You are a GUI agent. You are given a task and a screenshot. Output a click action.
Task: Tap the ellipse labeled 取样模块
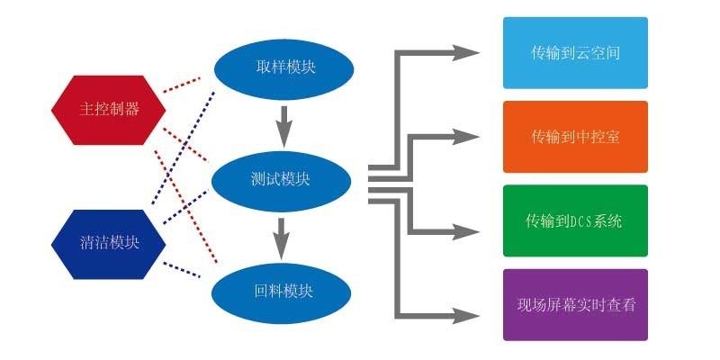click(283, 67)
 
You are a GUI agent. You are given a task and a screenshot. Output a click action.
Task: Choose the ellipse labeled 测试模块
click(280, 179)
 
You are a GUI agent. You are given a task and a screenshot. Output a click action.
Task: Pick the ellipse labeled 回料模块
click(280, 292)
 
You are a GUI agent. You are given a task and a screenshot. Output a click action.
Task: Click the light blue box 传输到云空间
click(575, 53)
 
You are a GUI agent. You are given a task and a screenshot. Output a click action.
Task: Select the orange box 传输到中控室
click(575, 137)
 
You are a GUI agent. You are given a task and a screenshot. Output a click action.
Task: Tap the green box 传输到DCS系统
click(575, 220)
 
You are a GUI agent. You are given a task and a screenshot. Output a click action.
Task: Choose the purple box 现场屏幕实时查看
click(575, 304)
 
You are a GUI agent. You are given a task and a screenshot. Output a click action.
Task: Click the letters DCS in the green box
click(583, 221)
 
